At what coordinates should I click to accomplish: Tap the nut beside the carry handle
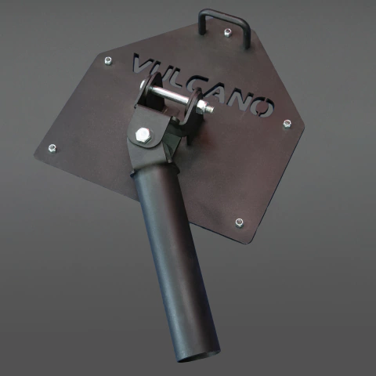click(x=228, y=32)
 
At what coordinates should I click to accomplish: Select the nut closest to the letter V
click(x=108, y=61)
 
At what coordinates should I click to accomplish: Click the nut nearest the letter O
click(x=287, y=124)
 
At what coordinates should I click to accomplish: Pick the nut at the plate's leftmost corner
click(x=52, y=148)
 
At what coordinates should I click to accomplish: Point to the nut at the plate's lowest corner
click(x=239, y=222)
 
